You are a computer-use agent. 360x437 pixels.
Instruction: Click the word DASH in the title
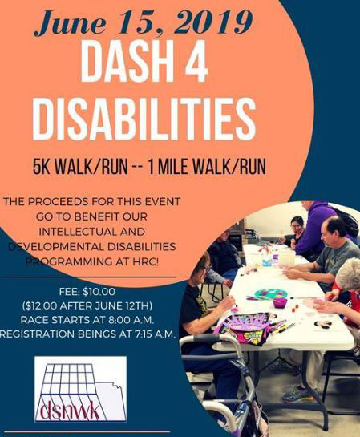(122, 62)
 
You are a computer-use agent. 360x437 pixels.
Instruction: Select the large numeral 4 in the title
(194, 62)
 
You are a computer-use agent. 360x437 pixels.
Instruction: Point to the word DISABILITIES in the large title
(144, 119)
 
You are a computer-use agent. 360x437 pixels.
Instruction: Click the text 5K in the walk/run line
(41, 167)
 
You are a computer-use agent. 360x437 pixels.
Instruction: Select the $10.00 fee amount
(99, 292)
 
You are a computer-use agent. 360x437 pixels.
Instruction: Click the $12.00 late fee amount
(40, 306)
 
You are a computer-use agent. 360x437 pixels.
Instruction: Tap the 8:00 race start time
(120, 320)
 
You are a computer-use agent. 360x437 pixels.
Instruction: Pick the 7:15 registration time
(142, 334)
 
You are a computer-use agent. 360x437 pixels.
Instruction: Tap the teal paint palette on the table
(267, 293)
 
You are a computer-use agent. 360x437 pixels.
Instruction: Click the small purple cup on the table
(280, 302)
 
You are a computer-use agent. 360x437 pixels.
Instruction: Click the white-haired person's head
(349, 274)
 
